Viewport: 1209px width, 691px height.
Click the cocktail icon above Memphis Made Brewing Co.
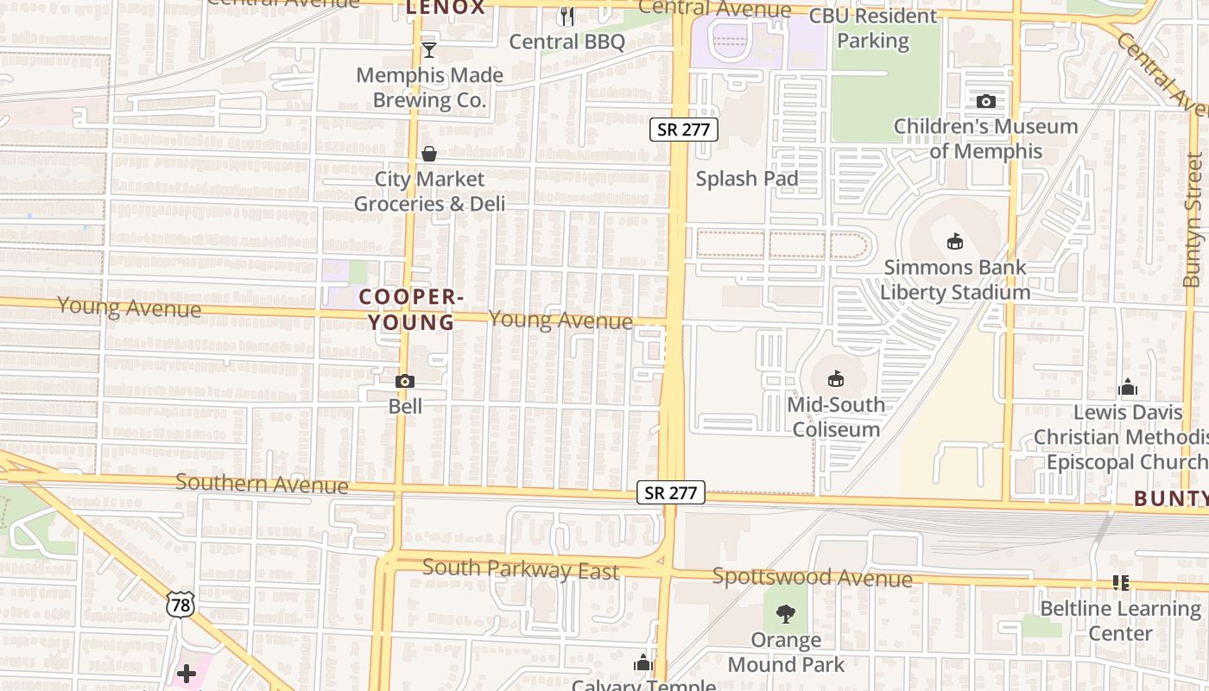pyautogui.click(x=428, y=50)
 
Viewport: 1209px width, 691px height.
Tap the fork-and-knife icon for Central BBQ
pyautogui.click(x=567, y=16)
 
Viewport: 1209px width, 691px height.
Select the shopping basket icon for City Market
pyautogui.click(x=429, y=154)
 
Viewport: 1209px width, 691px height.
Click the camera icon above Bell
pyautogui.click(x=404, y=381)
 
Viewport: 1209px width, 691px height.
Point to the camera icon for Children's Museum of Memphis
pyautogui.click(x=985, y=101)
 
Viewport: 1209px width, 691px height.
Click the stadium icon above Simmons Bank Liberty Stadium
pyautogui.click(x=954, y=242)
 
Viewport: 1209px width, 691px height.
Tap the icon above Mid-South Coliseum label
pyautogui.click(x=835, y=378)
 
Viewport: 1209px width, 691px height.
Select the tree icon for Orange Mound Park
pyautogui.click(x=785, y=614)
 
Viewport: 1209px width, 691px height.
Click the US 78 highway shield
pyautogui.click(x=180, y=605)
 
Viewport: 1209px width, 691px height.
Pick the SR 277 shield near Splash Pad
pyautogui.click(x=684, y=130)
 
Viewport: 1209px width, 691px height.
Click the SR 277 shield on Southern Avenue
pyautogui.click(x=671, y=492)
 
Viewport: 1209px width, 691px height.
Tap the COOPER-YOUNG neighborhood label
pyautogui.click(x=411, y=309)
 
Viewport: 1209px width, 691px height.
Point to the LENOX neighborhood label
pyautogui.click(x=446, y=8)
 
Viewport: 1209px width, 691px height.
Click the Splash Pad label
pyautogui.click(x=747, y=179)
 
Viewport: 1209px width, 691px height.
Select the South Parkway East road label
pyautogui.click(x=521, y=570)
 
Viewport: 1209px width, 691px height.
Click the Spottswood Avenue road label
pyautogui.click(x=812, y=577)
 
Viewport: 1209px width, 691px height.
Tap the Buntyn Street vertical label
pyautogui.click(x=1193, y=219)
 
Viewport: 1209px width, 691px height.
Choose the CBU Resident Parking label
pyautogui.click(x=873, y=29)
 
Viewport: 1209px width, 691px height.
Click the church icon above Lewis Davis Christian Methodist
pyautogui.click(x=1127, y=388)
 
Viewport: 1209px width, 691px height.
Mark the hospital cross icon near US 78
pyautogui.click(x=187, y=673)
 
